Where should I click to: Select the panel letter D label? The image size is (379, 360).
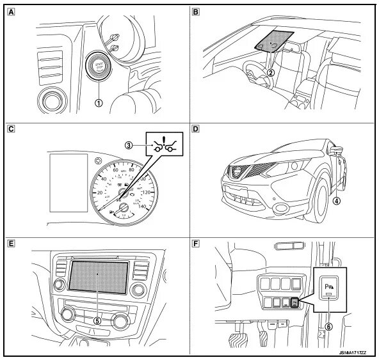point(196,129)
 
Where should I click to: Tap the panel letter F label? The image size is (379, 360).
point(196,244)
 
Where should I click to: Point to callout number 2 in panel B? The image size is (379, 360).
point(271,72)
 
